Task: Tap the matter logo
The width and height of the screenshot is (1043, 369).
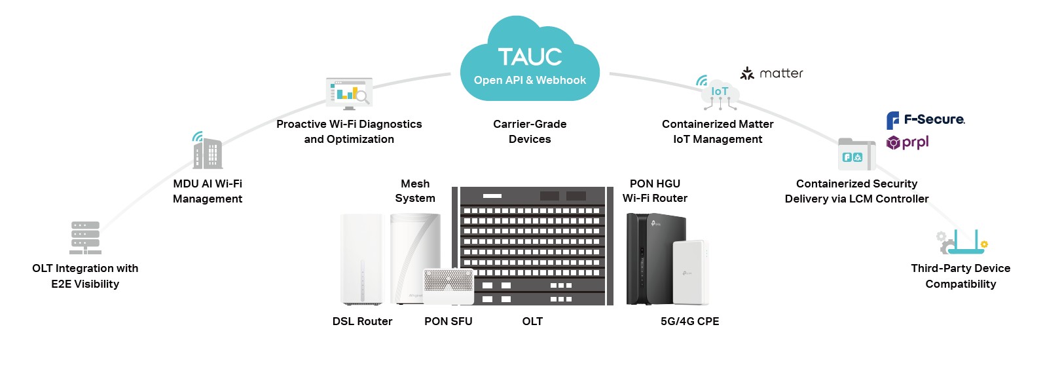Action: click(771, 73)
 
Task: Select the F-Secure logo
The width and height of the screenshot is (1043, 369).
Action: click(924, 120)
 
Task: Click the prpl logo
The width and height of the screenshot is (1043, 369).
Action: click(907, 142)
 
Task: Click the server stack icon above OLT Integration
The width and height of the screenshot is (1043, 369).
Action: click(85, 237)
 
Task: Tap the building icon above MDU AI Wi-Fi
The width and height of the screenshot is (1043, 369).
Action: click(208, 152)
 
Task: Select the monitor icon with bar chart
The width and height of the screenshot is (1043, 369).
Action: click(349, 93)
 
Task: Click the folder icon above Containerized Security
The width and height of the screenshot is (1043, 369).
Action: click(856, 155)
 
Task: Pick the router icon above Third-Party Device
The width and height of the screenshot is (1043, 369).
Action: click(962, 242)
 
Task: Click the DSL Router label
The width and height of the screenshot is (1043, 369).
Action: click(362, 321)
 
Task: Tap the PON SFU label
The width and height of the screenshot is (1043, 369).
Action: click(448, 321)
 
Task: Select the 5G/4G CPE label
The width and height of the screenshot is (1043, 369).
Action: click(689, 321)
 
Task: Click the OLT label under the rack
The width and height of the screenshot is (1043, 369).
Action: click(532, 321)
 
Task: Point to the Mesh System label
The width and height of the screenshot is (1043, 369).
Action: click(415, 191)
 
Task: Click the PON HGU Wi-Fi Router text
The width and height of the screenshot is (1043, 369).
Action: click(655, 191)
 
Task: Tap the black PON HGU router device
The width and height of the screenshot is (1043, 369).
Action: click(646, 259)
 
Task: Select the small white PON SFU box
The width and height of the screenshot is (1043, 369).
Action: click(448, 286)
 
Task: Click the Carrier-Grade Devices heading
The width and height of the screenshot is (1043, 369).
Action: click(530, 131)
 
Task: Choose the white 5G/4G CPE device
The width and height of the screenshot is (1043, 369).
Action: click(691, 272)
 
